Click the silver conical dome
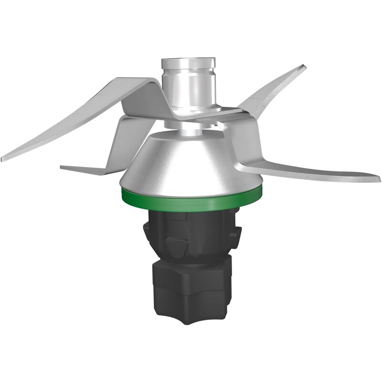click(191, 162)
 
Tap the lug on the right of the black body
click(235, 234)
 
